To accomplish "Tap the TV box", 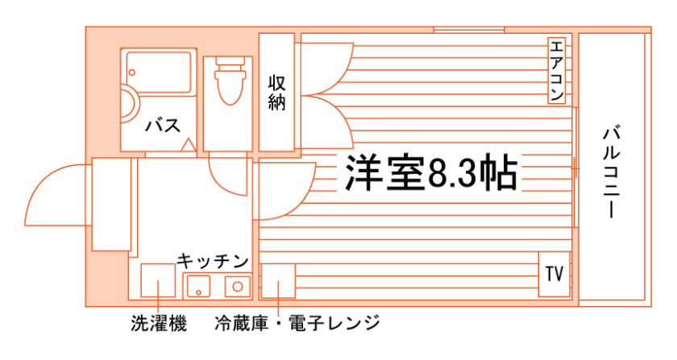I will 554,274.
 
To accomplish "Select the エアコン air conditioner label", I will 556,71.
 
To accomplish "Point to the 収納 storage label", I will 276,92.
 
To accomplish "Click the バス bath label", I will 162,125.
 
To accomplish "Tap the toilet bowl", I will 231,87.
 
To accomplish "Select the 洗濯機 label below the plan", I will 159,325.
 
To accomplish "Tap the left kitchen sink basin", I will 198,286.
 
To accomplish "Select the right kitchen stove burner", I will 237,286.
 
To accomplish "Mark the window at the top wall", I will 468,30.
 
